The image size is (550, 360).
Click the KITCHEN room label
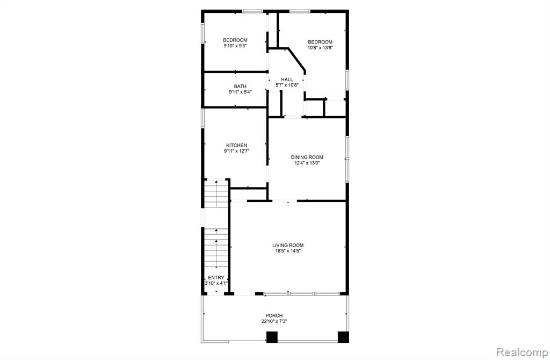(x=236, y=145)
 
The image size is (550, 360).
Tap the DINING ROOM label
(x=307, y=157)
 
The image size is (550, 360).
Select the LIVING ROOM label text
(x=288, y=245)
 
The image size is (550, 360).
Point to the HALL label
(x=287, y=80)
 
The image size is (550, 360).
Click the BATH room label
(x=240, y=87)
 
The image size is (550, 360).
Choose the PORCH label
(x=274, y=315)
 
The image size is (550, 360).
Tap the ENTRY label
(x=216, y=278)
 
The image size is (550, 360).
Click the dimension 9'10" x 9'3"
(x=235, y=46)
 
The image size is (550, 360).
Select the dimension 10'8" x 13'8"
(x=320, y=47)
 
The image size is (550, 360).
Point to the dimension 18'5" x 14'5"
(x=288, y=251)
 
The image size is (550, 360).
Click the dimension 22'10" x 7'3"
(x=274, y=321)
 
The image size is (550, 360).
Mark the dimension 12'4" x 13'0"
(x=307, y=163)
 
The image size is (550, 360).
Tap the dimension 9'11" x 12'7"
(x=237, y=151)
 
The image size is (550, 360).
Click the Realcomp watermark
(x=522, y=352)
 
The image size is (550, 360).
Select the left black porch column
(x=272, y=337)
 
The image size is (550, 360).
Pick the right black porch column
(x=343, y=337)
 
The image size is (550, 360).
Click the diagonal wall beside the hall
(x=296, y=60)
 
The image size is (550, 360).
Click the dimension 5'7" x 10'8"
(x=287, y=85)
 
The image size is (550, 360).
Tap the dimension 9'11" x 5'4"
(x=240, y=92)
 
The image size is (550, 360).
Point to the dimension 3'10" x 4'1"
(x=216, y=283)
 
